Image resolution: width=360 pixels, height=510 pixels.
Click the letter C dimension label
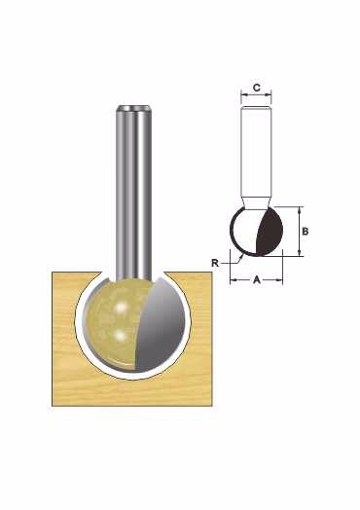pos(257,88)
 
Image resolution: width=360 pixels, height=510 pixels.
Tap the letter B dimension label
pos(306,232)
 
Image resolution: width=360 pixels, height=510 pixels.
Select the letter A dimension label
pos(257,279)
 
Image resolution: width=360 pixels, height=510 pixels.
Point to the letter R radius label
pos(215,263)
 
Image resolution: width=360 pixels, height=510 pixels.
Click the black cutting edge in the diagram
pos(270,233)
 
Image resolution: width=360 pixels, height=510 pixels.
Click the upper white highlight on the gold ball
pos(121,307)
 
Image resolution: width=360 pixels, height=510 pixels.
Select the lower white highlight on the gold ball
pos(121,335)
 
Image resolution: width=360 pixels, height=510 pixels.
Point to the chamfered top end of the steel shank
pos(133,108)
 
